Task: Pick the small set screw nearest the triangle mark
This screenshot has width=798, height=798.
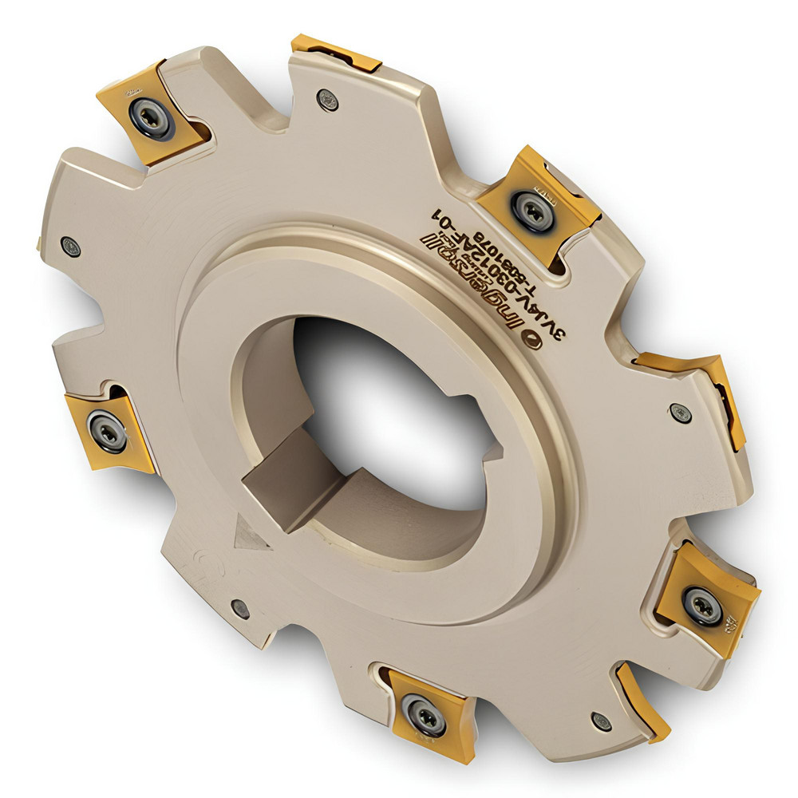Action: [x=240, y=609]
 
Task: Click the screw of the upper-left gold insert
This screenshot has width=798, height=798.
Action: [x=151, y=117]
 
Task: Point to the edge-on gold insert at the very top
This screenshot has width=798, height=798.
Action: [x=335, y=53]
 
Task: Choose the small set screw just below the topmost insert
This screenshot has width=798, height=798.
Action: [x=327, y=99]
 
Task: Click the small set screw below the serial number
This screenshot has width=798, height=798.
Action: [x=680, y=413]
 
